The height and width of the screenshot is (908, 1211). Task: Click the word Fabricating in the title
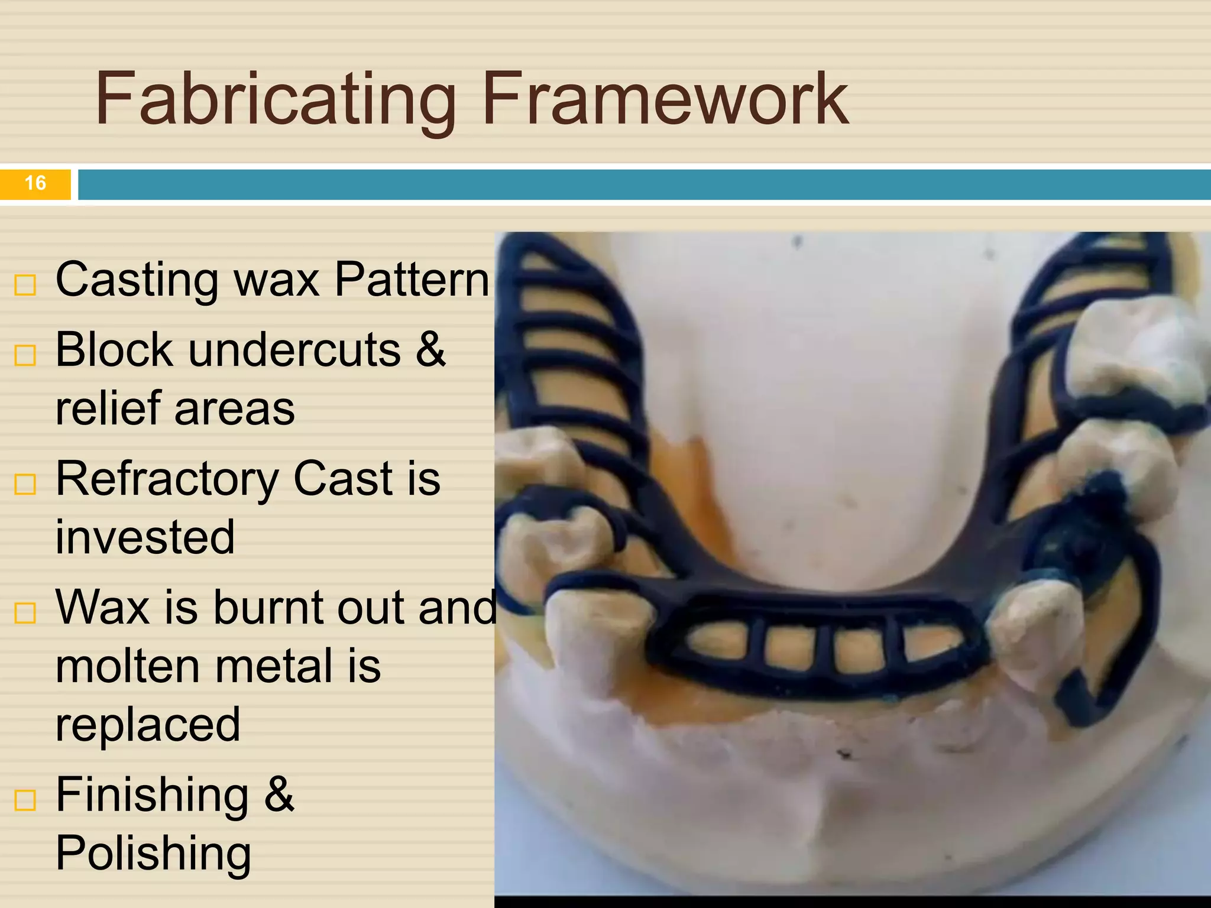coord(275,99)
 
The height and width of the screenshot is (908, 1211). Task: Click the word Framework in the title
coord(665,99)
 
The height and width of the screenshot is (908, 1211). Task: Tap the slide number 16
coord(35,183)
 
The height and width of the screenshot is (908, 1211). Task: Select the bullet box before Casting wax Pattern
coord(25,285)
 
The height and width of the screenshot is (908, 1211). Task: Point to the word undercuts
coord(294,350)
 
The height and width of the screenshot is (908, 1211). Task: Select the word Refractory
coord(167,479)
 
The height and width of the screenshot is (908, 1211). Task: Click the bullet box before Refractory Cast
coord(25,484)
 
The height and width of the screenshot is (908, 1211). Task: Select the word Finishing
coord(152,795)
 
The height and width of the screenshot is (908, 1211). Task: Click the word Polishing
coord(154,853)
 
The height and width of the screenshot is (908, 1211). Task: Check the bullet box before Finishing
coord(25,800)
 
